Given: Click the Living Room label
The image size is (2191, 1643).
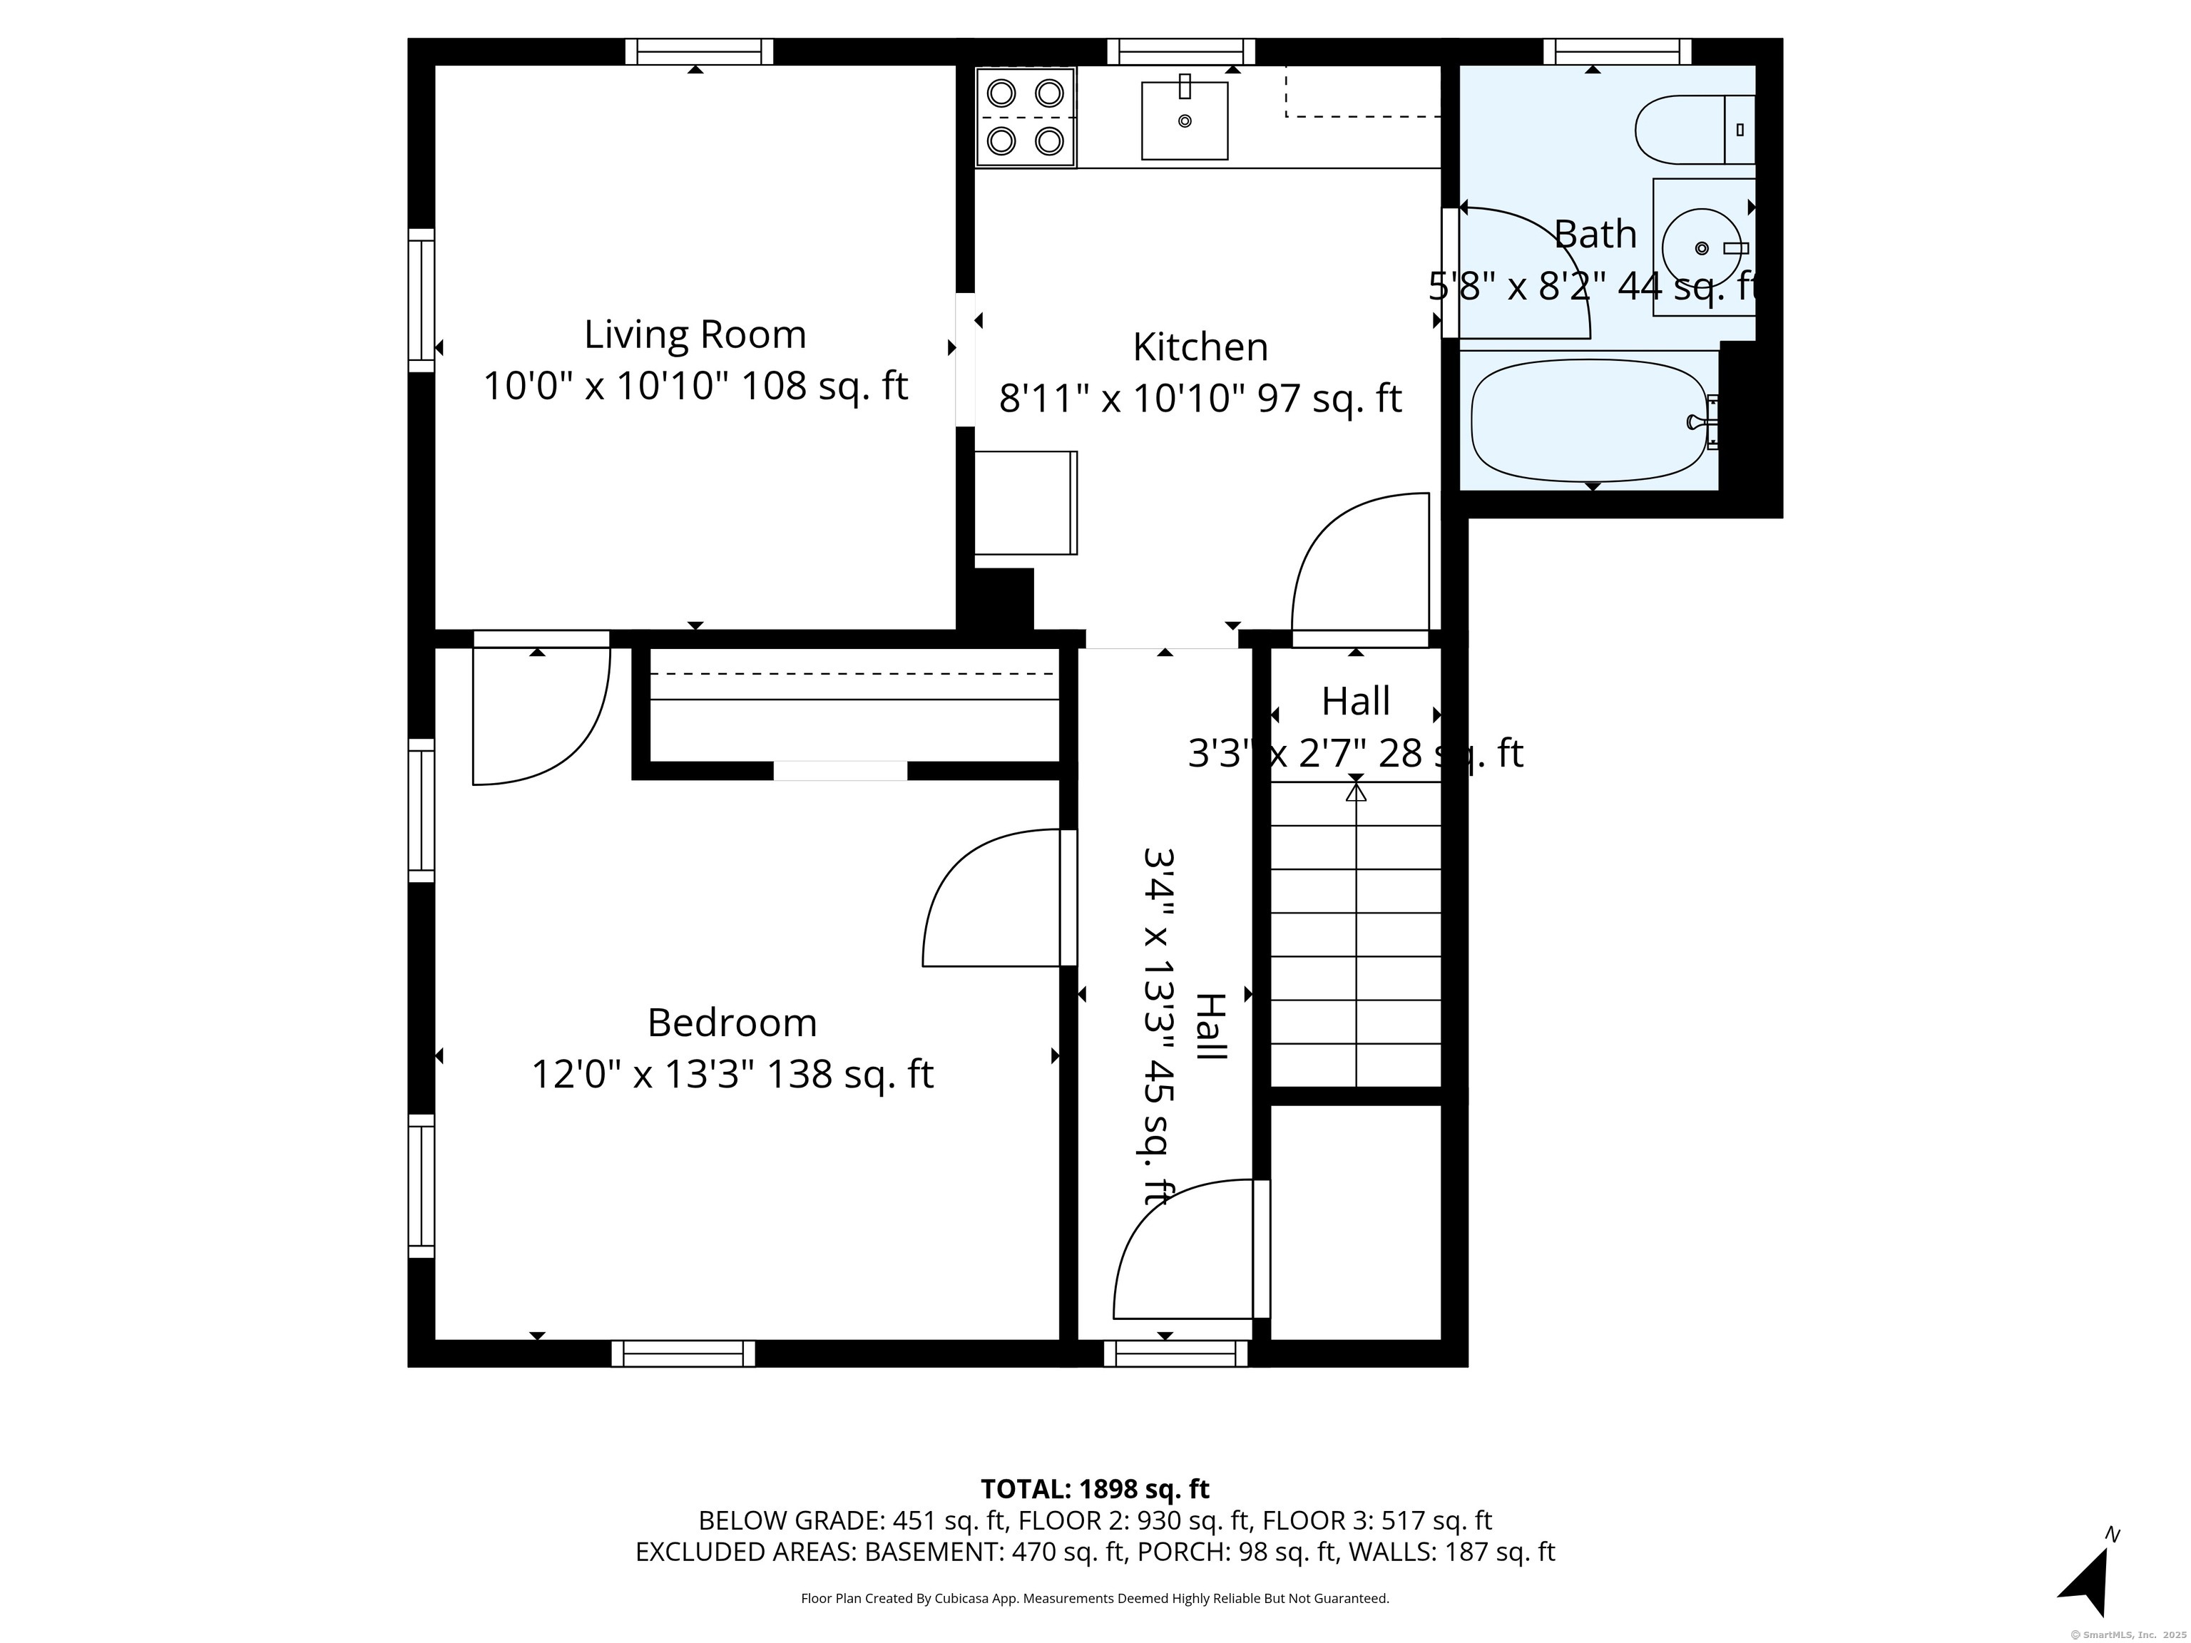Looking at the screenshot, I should [695, 334].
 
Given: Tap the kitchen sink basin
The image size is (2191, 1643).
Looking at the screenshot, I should [1184, 121].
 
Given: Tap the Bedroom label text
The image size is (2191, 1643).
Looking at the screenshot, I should [732, 1022].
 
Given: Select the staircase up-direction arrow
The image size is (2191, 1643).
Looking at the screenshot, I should [1356, 792].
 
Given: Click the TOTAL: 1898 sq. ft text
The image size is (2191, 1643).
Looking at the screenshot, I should [1095, 1488].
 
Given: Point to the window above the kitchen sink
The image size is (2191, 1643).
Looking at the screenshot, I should [1180, 51].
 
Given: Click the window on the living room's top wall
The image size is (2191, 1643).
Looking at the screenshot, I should [698, 51].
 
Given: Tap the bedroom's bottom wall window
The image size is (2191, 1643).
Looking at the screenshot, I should [683, 1353].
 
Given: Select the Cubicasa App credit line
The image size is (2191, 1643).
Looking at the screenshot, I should [1095, 1597].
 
